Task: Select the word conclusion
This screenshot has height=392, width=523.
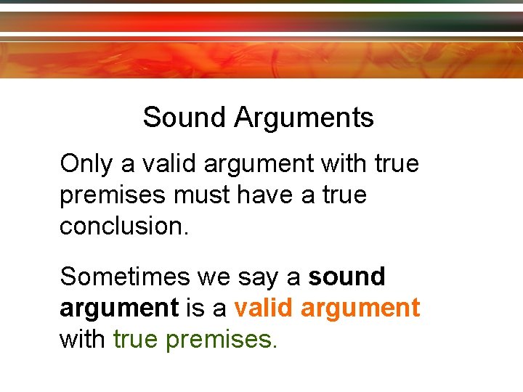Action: click(124, 226)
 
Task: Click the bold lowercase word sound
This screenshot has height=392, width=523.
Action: click(347, 277)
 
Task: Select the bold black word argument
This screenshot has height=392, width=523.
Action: click(119, 309)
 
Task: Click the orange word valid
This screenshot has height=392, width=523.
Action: click(262, 308)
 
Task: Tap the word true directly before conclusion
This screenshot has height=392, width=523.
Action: click(342, 195)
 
